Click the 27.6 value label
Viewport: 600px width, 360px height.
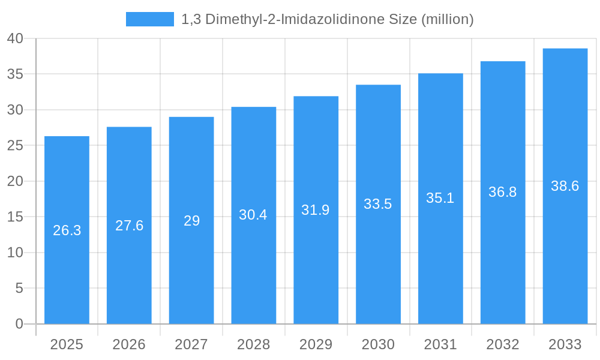click(129, 226)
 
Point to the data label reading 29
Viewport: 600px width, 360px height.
click(191, 221)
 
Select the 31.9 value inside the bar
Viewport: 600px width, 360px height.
click(316, 210)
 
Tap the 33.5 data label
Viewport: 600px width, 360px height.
click(378, 204)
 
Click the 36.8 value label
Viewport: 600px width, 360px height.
click(502, 192)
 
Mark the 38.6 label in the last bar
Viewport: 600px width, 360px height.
click(565, 186)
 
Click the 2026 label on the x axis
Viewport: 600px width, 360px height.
click(129, 344)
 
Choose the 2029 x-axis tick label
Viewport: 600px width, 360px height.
click(316, 344)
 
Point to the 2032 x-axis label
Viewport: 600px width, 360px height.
click(502, 344)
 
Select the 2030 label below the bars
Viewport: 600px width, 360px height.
click(378, 344)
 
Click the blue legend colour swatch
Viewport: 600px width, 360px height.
click(149, 19)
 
